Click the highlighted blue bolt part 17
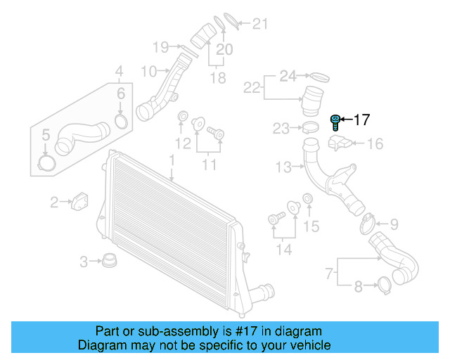[x=336, y=123]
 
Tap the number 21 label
[x=260, y=25]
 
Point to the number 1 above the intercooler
[x=171, y=162]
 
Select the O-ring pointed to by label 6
[x=120, y=123]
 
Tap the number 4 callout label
[x=119, y=71]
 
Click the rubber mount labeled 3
[x=109, y=262]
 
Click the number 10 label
[x=149, y=71]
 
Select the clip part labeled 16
[x=339, y=143]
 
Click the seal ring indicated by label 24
[x=319, y=75]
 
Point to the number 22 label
[x=252, y=87]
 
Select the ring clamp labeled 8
[x=385, y=285]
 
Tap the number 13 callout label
[x=283, y=167]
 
